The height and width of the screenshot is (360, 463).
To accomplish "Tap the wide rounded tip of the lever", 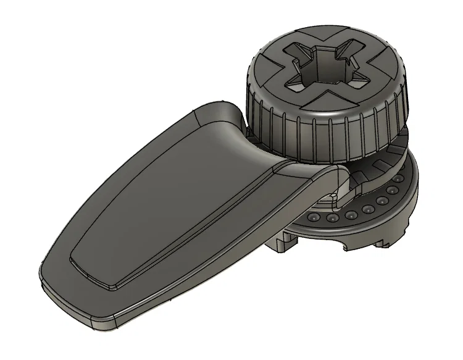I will (x=74, y=290).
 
